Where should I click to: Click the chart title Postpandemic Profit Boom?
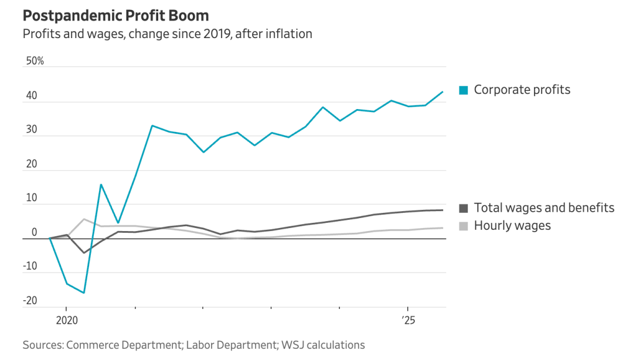(x=115, y=15)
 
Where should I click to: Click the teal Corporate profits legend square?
(x=464, y=90)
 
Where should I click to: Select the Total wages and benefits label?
(x=544, y=208)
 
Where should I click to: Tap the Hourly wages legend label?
(x=512, y=225)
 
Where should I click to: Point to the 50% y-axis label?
(x=35, y=61)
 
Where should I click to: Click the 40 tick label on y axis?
(x=31, y=96)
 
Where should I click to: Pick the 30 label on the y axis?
(x=31, y=130)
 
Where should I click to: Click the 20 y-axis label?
(x=31, y=164)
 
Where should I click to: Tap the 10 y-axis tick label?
(x=31, y=198)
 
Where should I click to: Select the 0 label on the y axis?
(x=34, y=232)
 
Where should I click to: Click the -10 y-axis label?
(x=29, y=266)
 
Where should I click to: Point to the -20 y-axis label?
(x=29, y=301)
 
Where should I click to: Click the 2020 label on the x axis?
(x=66, y=321)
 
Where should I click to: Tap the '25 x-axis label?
(x=408, y=321)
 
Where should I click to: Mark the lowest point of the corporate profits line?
(x=84, y=293)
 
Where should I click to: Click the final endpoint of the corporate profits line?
(x=443, y=91)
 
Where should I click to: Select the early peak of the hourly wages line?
(x=84, y=219)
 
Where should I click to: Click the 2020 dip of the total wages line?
(x=84, y=253)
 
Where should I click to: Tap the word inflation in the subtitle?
(x=286, y=33)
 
